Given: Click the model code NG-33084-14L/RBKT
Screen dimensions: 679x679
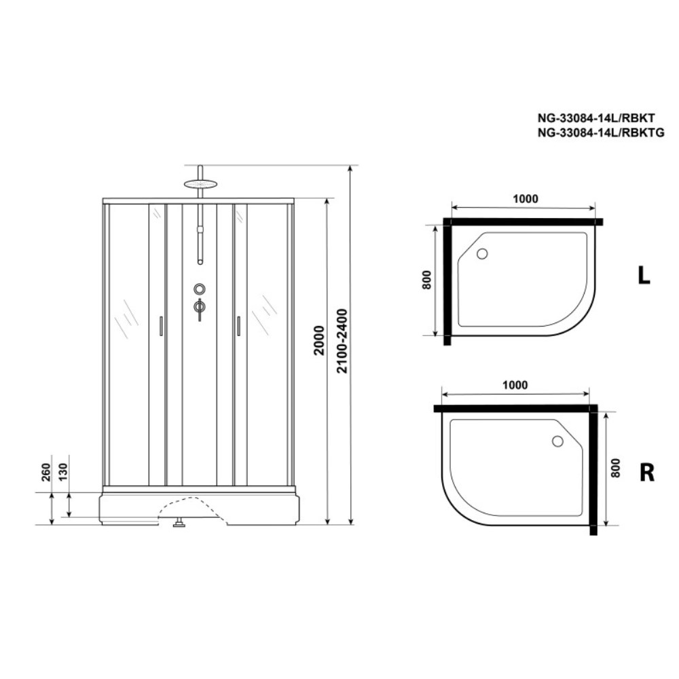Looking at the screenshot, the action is pyautogui.click(x=596, y=117).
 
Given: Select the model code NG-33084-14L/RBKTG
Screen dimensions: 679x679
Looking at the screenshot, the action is pyautogui.click(x=601, y=132).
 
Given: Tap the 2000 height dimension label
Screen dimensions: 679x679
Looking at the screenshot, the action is pyautogui.click(x=319, y=340).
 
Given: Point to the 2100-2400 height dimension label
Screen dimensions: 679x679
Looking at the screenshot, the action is pyautogui.click(x=342, y=341).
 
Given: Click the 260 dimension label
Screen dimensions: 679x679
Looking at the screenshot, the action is pyautogui.click(x=46, y=472).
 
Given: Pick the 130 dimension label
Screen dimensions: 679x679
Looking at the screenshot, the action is pyautogui.click(x=63, y=472).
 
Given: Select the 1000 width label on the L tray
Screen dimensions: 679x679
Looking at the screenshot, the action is pyautogui.click(x=526, y=199).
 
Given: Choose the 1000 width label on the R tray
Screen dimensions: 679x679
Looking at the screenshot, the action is pyautogui.click(x=515, y=385).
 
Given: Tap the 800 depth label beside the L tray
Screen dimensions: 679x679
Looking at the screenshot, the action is pyautogui.click(x=426, y=280).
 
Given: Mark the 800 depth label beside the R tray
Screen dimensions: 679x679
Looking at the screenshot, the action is pyautogui.click(x=615, y=468).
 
